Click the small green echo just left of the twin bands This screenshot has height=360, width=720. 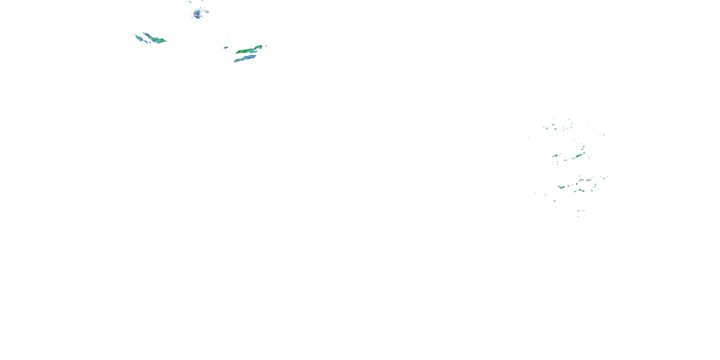click(x=225, y=48)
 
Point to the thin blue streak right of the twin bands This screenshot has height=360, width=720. click(x=266, y=46)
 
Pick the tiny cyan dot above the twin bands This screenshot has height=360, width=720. click(x=229, y=35)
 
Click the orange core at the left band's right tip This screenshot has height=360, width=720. click(x=165, y=41)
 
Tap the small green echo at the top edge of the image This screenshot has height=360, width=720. click(x=190, y=2)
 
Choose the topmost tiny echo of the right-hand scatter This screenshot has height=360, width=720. click(x=558, y=110)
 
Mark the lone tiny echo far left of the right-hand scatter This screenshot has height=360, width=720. click(x=529, y=138)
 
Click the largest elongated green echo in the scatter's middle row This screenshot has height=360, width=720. click(x=577, y=156)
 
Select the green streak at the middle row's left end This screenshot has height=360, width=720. click(x=555, y=156)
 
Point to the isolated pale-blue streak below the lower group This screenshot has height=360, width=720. click(x=554, y=201)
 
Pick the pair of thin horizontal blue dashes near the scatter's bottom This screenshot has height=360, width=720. click(x=581, y=210)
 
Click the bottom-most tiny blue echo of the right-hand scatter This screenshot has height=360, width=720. click(x=578, y=216)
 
